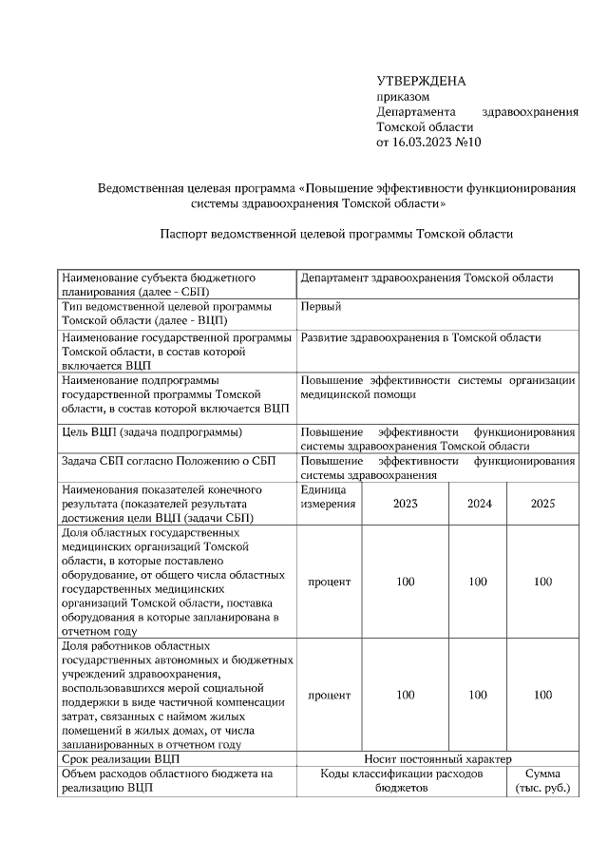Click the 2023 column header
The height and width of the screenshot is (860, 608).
tap(406, 504)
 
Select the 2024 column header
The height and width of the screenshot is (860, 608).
tap(479, 504)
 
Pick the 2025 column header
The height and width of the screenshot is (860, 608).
tap(542, 504)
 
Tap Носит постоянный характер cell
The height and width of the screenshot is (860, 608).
tap(438, 759)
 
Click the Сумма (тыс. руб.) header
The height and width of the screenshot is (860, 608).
tap(542, 781)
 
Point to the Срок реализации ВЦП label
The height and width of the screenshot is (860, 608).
tap(120, 759)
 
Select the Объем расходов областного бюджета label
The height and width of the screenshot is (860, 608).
tap(166, 774)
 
